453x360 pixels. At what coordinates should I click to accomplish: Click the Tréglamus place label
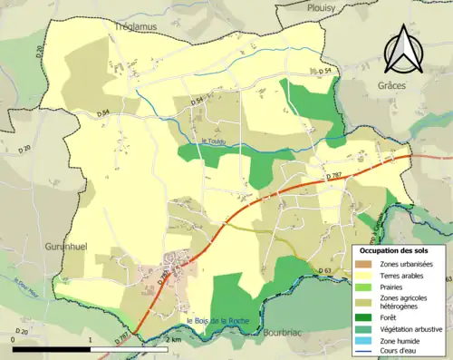point(135,28)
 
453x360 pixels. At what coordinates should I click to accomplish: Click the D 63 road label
point(327,271)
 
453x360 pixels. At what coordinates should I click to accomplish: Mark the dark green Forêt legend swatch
point(364,317)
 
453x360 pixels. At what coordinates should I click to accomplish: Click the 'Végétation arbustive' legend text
point(410,328)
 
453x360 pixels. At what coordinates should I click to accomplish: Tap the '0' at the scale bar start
point(13,339)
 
